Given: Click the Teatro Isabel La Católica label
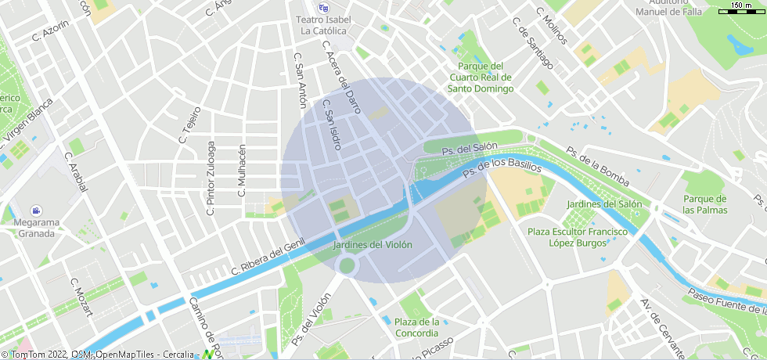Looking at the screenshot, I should pyautogui.click(x=323, y=25).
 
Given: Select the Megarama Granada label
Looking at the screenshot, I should pyautogui.click(x=36, y=228).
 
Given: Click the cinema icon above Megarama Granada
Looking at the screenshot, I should pyautogui.click(x=36, y=211).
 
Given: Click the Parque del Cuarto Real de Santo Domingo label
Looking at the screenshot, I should pyautogui.click(x=480, y=77).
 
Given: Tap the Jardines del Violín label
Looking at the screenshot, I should pyautogui.click(x=373, y=245).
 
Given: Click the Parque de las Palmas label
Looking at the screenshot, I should pyautogui.click(x=704, y=204).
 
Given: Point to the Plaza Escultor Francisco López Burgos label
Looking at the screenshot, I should pyautogui.click(x=577, y=237).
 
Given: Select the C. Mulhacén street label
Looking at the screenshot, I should pyautogui.click(x=242, y=171).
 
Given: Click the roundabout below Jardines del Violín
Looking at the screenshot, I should pyautogui.click(x=347, y=266).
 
